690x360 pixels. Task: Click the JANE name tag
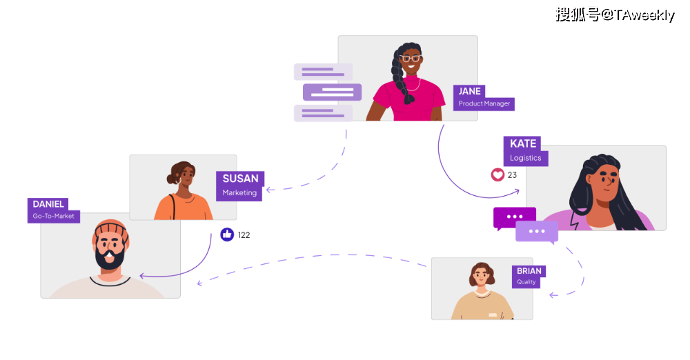pyautogui.click(x=469, y=91)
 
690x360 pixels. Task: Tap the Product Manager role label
pyautogui.click(x=484, y=104)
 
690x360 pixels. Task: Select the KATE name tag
pyautogui.click(x=522, y=143)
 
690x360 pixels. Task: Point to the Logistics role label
pyautogui.click(x=525, y=158)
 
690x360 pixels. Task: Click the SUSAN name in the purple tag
pyautogui.click(x=240, y=179)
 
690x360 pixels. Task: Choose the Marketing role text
pyautogui.click(x=239, y=193)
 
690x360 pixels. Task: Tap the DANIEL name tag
pyautogui.click(x=48, y=204)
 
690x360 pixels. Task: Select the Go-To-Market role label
pyautogui.click(x=53, y=217)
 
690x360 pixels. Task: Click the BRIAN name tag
pyautogui.click(x=529, y=271)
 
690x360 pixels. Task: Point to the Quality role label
pyautogui.click(x=526, y=282)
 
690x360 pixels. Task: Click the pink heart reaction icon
pyautogui.click(x=497, y=175)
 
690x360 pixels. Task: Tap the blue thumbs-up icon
pyautogui.click(x=227, y=234)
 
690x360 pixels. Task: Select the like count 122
pyautogui.click(x=244, y=235)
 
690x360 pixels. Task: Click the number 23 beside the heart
pyautogui.click(x=512, y=175)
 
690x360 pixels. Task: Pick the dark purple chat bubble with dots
pyautogui.click(x=514, y=217)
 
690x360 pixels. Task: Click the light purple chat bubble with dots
pyautogui.click(x=537, y=232)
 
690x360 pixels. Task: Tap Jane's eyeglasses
pyautogui.click(x=411, y=59)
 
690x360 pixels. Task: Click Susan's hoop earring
pyautogui.click(x=178, y=181)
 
